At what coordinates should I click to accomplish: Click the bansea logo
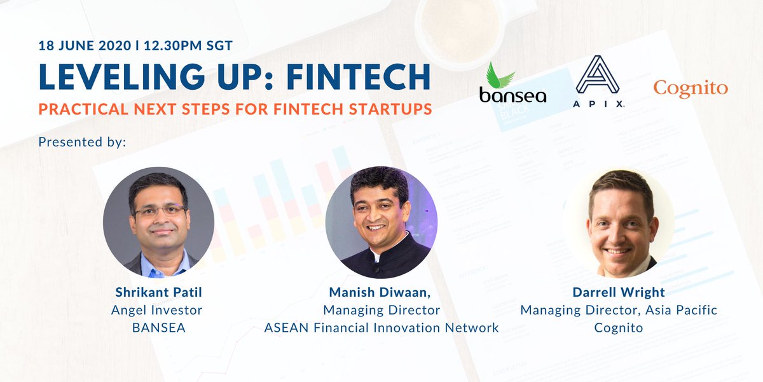pos(512,83)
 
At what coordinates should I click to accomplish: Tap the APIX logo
pos(598,81)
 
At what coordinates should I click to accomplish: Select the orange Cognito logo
pos(691,88)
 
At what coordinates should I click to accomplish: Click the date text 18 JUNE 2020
pos(85,46)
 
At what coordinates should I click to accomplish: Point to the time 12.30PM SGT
pos(188,46)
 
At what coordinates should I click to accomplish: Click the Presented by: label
pos(82,142)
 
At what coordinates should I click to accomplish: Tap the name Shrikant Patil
pos(159,292)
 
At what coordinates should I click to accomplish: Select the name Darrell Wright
pos(619,292)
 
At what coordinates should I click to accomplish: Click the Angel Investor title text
pos(156,310)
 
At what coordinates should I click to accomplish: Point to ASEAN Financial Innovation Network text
pos(381,328)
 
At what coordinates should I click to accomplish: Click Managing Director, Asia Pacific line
pos(619,310)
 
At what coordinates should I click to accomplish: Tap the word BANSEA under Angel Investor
pos(159,328)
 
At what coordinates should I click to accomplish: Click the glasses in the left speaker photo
pos(160,211)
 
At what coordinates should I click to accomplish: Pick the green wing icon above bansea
pos(499,76)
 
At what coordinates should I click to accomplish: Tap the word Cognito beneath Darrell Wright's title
pos(619,328)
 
